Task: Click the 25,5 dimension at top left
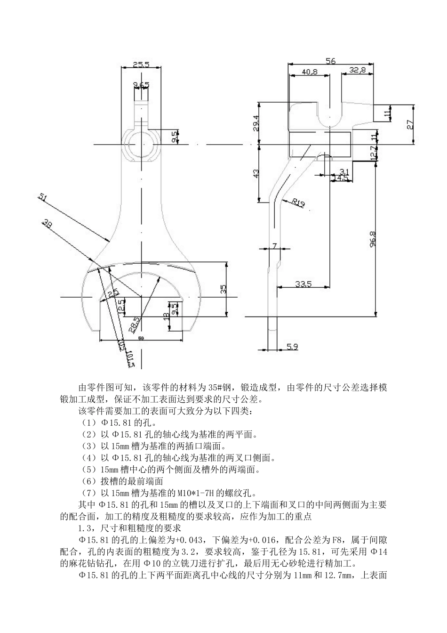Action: click(x=141, y=64)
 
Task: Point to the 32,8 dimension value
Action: click(x=358, y=70)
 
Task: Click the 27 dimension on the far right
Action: click(x=410, y=125)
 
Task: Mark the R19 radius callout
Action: click(x=298, y=203)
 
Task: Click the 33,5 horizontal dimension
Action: click(x=303, y=284)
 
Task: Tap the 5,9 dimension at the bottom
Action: click(x=292, y=347)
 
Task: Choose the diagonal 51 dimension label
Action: click(x=42, y=198)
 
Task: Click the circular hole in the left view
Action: click(x=141, y=144)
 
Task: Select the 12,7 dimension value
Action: click(x=373, y=154)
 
